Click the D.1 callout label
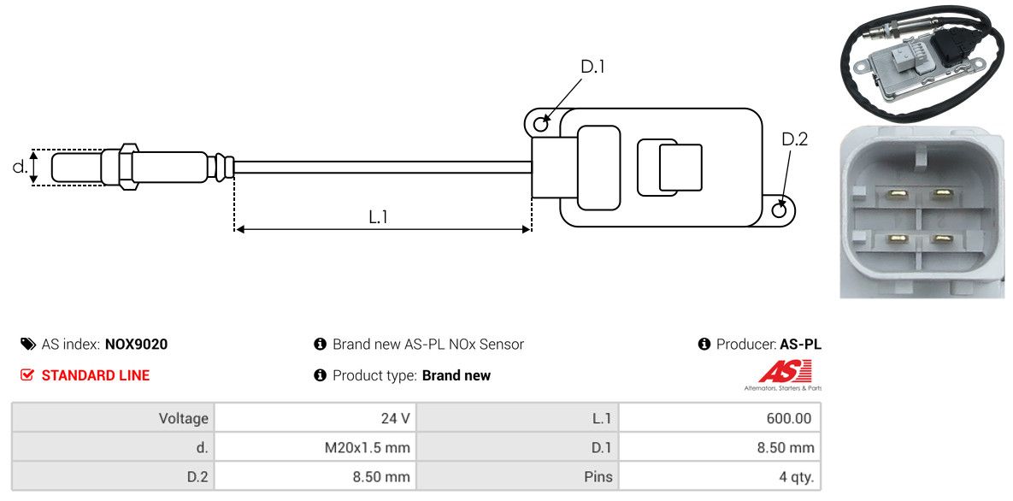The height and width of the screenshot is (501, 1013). pyautogui.click(x=592, y=67)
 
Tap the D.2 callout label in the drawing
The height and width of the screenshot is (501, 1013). pyautogui.click(x=794, y=139)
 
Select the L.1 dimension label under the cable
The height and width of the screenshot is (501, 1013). pyautogui.click(x=378, y=217)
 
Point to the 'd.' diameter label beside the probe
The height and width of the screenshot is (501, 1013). pyautogui.click(x=19, y=167)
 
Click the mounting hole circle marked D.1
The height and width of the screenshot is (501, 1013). pyautogui.click(x=540, y=125)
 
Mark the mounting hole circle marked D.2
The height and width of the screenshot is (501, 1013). pyautogui.click(x=780, y=210)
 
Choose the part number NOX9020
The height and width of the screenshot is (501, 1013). pyautogui.click(x=136, y=345)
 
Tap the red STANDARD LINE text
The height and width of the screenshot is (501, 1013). pyautogui.click(x=95, y=375)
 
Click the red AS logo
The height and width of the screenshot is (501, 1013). pyautogui.click(x=782, y=372)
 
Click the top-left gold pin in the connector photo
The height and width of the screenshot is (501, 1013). pyautogui.click(x=898, y=193)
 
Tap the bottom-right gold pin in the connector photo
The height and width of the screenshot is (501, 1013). pyautogui.click(x=943, y=239)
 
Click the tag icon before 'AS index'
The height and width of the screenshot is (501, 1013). pyautogui.click(x=27, y=345)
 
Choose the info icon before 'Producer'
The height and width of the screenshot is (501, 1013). pyautogui.click(x=704, y=345)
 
